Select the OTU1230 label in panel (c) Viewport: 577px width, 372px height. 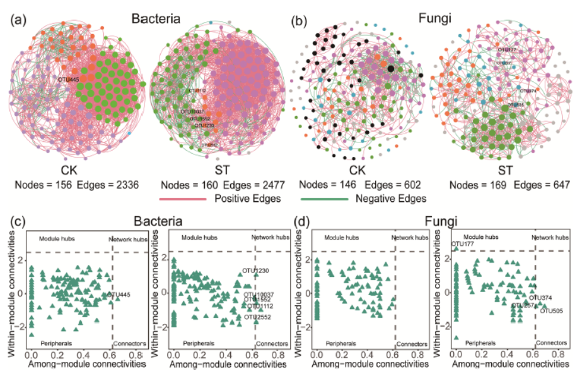[x=255, y=271]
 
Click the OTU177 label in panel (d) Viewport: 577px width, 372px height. [x=462, y=243]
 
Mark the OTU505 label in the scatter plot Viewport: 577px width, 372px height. [x=551, y=310]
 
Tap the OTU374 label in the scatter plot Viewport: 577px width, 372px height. [x=540, y=298]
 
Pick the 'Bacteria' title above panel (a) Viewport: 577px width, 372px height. [x=155, y=18]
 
